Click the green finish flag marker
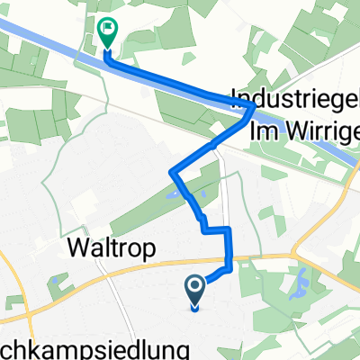[x=107, y=33]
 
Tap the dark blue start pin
[x=195, y=290]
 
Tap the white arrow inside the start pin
[x=195, y=288]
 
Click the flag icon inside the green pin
[x=108, y=30]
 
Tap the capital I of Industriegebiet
[x=235, y=96]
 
